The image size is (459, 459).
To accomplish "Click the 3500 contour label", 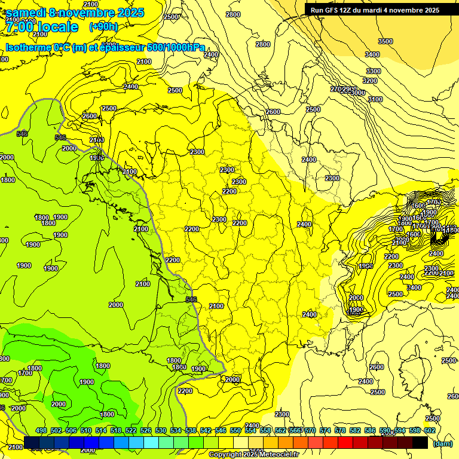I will click(x=385, y=41).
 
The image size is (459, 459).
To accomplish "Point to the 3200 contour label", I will click(x=370, y=81).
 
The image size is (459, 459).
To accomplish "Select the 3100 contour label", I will click(x=375, y=99).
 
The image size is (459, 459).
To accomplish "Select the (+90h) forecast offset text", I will click(x=104, y=27).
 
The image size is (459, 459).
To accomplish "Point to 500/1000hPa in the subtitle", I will click(x=177, y=47).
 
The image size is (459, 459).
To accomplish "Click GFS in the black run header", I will click(x=333, y=10).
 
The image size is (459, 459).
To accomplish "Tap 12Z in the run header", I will click(x=350, y=10).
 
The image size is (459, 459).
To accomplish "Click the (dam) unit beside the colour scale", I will click(x=442, y=443).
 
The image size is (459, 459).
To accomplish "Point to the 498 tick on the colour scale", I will click(x=41, y=430).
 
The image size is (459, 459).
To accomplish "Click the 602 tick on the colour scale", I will click(x=430, y=430).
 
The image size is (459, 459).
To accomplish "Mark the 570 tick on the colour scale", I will click(x=310, y=430).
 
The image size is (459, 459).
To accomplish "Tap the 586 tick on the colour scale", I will click(x=370, y=430).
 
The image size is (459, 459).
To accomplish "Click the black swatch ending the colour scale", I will click(x=420, y=442).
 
